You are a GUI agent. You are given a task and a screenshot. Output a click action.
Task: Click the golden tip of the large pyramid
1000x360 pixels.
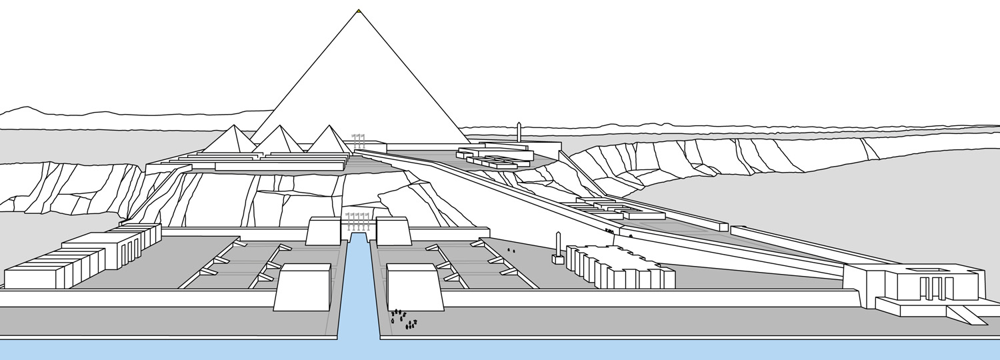(359, 11)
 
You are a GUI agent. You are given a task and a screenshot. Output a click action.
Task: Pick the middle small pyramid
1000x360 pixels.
(281, 141)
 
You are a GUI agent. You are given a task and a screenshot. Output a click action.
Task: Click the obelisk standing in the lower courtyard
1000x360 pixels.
(559, 244)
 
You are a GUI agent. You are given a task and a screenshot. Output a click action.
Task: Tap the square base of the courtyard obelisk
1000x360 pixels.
(558, 259)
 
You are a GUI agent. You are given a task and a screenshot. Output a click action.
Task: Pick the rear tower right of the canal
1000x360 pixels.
(392, 231)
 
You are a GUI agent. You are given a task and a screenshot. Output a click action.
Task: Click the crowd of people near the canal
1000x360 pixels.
(404, 319)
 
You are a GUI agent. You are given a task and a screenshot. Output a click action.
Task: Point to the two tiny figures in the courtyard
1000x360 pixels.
(511, 251)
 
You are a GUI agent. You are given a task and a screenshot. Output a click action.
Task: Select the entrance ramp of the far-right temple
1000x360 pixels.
(966, 315)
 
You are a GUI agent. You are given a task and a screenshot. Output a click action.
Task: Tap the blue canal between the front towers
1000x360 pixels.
(359, 293)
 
